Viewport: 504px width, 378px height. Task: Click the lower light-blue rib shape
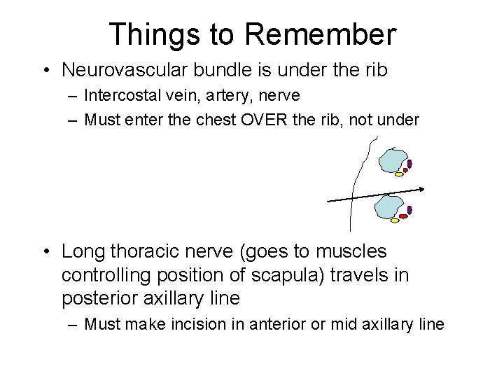(389, 206)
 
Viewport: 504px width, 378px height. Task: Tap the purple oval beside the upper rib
(409, 164)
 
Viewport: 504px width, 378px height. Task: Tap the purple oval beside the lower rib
(409, 210)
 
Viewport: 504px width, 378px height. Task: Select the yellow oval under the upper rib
(399, 174)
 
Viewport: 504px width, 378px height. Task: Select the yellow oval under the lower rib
(395, 220)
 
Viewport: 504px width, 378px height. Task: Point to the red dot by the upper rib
(405, 170)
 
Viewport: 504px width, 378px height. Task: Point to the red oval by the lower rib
(403, 216)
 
